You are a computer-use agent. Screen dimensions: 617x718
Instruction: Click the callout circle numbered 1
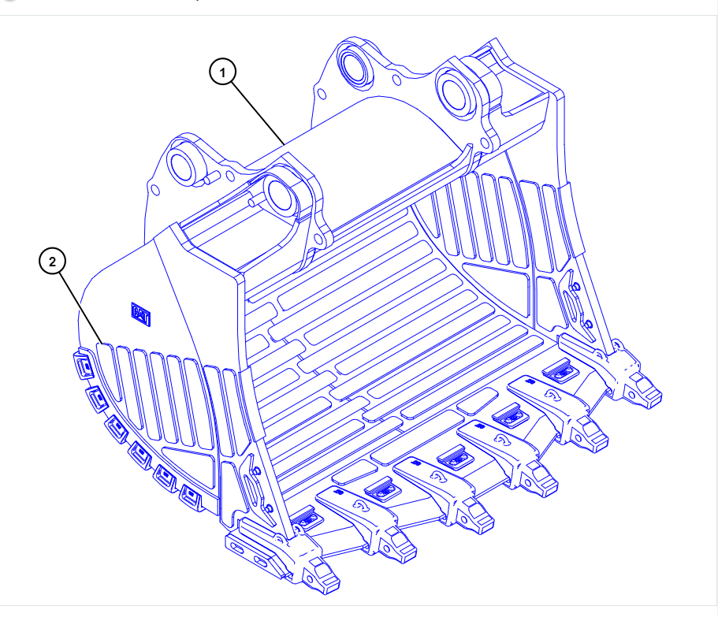tap(223, 72)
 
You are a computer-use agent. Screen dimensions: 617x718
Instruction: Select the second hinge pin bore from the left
tap(277, 194)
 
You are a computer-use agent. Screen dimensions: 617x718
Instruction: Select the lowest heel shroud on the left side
tap(190, 496)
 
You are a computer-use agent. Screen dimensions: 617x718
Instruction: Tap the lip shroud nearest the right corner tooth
tap(562, 367)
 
